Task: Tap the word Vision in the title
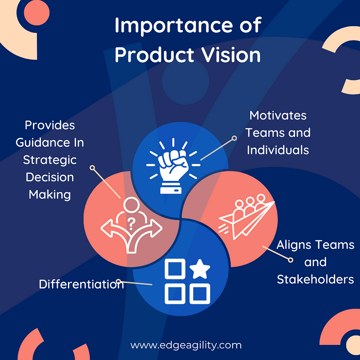(231, 55)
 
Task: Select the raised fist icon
(173, 166)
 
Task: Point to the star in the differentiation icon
(200, 269)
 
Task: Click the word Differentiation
(81, 284)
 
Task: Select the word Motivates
(278, 115)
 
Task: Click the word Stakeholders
(315, 279)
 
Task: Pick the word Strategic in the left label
(49, 160)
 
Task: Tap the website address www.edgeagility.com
(186, 345)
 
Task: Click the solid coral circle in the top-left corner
(37, 13)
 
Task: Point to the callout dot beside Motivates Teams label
(234, 138)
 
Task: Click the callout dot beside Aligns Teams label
(290, 260)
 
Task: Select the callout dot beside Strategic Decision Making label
(92, 168)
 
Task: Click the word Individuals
(278, 150)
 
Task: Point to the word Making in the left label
(49, 195)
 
